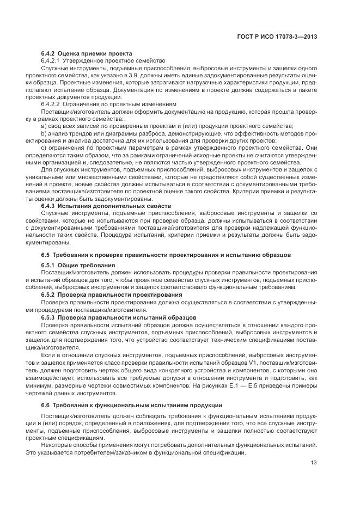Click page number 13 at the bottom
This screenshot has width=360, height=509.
click(x=314, y=463)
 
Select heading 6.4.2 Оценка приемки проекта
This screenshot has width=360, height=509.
click(x=86, y=54)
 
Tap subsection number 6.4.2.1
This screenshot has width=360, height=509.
click(x=52, y=61)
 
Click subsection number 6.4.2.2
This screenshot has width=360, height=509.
click(x=52, y=103)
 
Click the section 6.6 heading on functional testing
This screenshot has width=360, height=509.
click(x=131, y=406)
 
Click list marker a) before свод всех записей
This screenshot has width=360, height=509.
click(x=44, y=125)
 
